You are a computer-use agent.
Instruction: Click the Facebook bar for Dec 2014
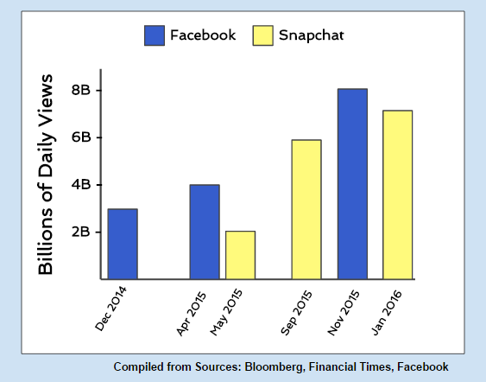(123, 244)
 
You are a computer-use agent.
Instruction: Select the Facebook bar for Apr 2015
(205, 232)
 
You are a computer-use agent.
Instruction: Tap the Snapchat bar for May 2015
(241, 255)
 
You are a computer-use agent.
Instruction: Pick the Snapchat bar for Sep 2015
(306, 209)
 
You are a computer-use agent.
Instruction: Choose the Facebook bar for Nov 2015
(353, 184)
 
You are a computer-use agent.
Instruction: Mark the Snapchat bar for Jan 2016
(398, 194)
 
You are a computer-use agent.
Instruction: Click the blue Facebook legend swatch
(155, 35)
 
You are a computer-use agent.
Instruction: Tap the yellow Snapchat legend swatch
(262, 35)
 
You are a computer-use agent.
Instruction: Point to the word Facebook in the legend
(203, 35)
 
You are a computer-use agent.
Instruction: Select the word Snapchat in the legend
(311, 35)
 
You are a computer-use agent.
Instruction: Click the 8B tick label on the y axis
(81, 90)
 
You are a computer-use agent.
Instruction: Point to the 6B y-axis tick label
(81, 137)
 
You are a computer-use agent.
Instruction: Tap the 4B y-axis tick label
(81, 185)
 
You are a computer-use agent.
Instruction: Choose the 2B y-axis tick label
(81, 232)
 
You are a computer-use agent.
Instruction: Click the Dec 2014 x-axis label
(110, 309)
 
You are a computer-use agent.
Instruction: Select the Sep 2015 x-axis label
(296, 313)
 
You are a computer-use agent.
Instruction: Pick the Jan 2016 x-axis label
(386, 313)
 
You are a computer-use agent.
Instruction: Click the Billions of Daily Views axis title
(46, 175)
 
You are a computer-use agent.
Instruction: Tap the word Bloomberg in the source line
(274, 366)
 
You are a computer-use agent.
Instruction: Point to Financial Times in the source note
(350, 366)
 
